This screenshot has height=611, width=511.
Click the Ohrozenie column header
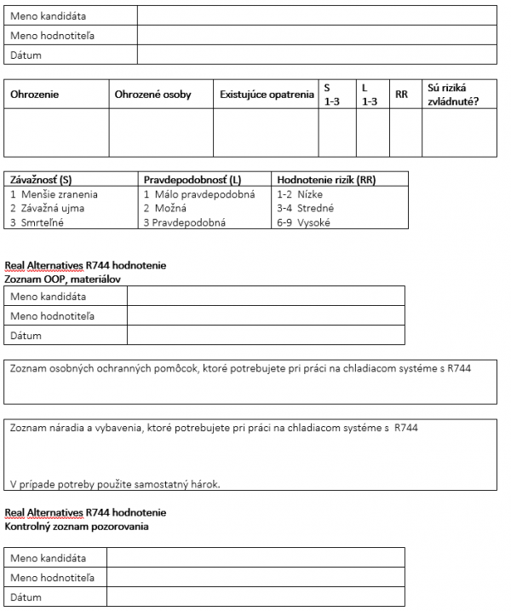35,95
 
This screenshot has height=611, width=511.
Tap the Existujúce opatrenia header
267,95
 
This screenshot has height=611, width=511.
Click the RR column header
401,95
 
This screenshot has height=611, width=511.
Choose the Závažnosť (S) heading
41,181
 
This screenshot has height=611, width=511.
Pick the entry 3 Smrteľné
37,222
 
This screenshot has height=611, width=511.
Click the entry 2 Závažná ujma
47,208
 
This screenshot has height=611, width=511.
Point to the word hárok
206,485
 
